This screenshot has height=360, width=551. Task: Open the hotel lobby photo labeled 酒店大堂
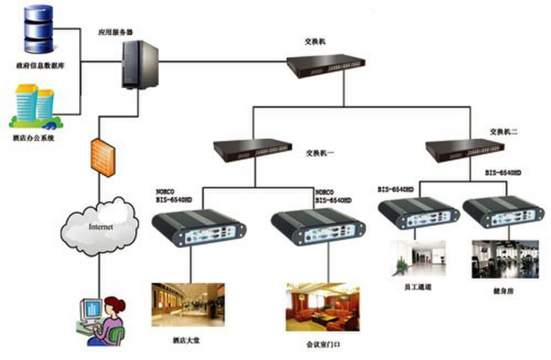[187, 304]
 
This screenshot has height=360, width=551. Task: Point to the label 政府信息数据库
[40, 67]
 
